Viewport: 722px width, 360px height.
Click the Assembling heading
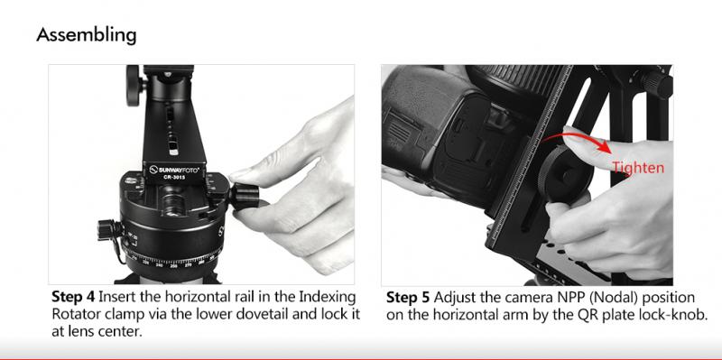point(86,35)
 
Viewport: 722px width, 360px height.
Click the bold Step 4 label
point(73,297)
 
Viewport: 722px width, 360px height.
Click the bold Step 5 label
point(408,297)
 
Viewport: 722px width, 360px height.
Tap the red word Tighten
point(638,168)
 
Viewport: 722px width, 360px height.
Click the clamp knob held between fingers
point(245,196)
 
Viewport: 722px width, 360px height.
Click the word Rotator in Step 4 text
point(76,314)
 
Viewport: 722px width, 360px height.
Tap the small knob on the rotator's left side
point(109,229)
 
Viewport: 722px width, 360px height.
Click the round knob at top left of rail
point(134,85)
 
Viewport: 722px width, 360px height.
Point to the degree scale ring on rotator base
point(172,259)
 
